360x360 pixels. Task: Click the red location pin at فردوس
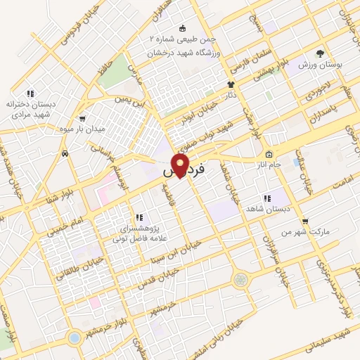180,166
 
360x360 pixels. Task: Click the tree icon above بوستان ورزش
320,53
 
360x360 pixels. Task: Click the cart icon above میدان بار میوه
84,118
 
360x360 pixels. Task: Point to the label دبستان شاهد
265,209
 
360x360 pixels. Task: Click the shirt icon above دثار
230,82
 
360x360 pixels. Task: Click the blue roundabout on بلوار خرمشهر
75,337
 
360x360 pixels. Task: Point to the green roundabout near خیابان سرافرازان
241,280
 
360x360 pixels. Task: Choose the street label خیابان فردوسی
57,27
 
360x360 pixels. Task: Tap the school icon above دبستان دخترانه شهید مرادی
30,94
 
